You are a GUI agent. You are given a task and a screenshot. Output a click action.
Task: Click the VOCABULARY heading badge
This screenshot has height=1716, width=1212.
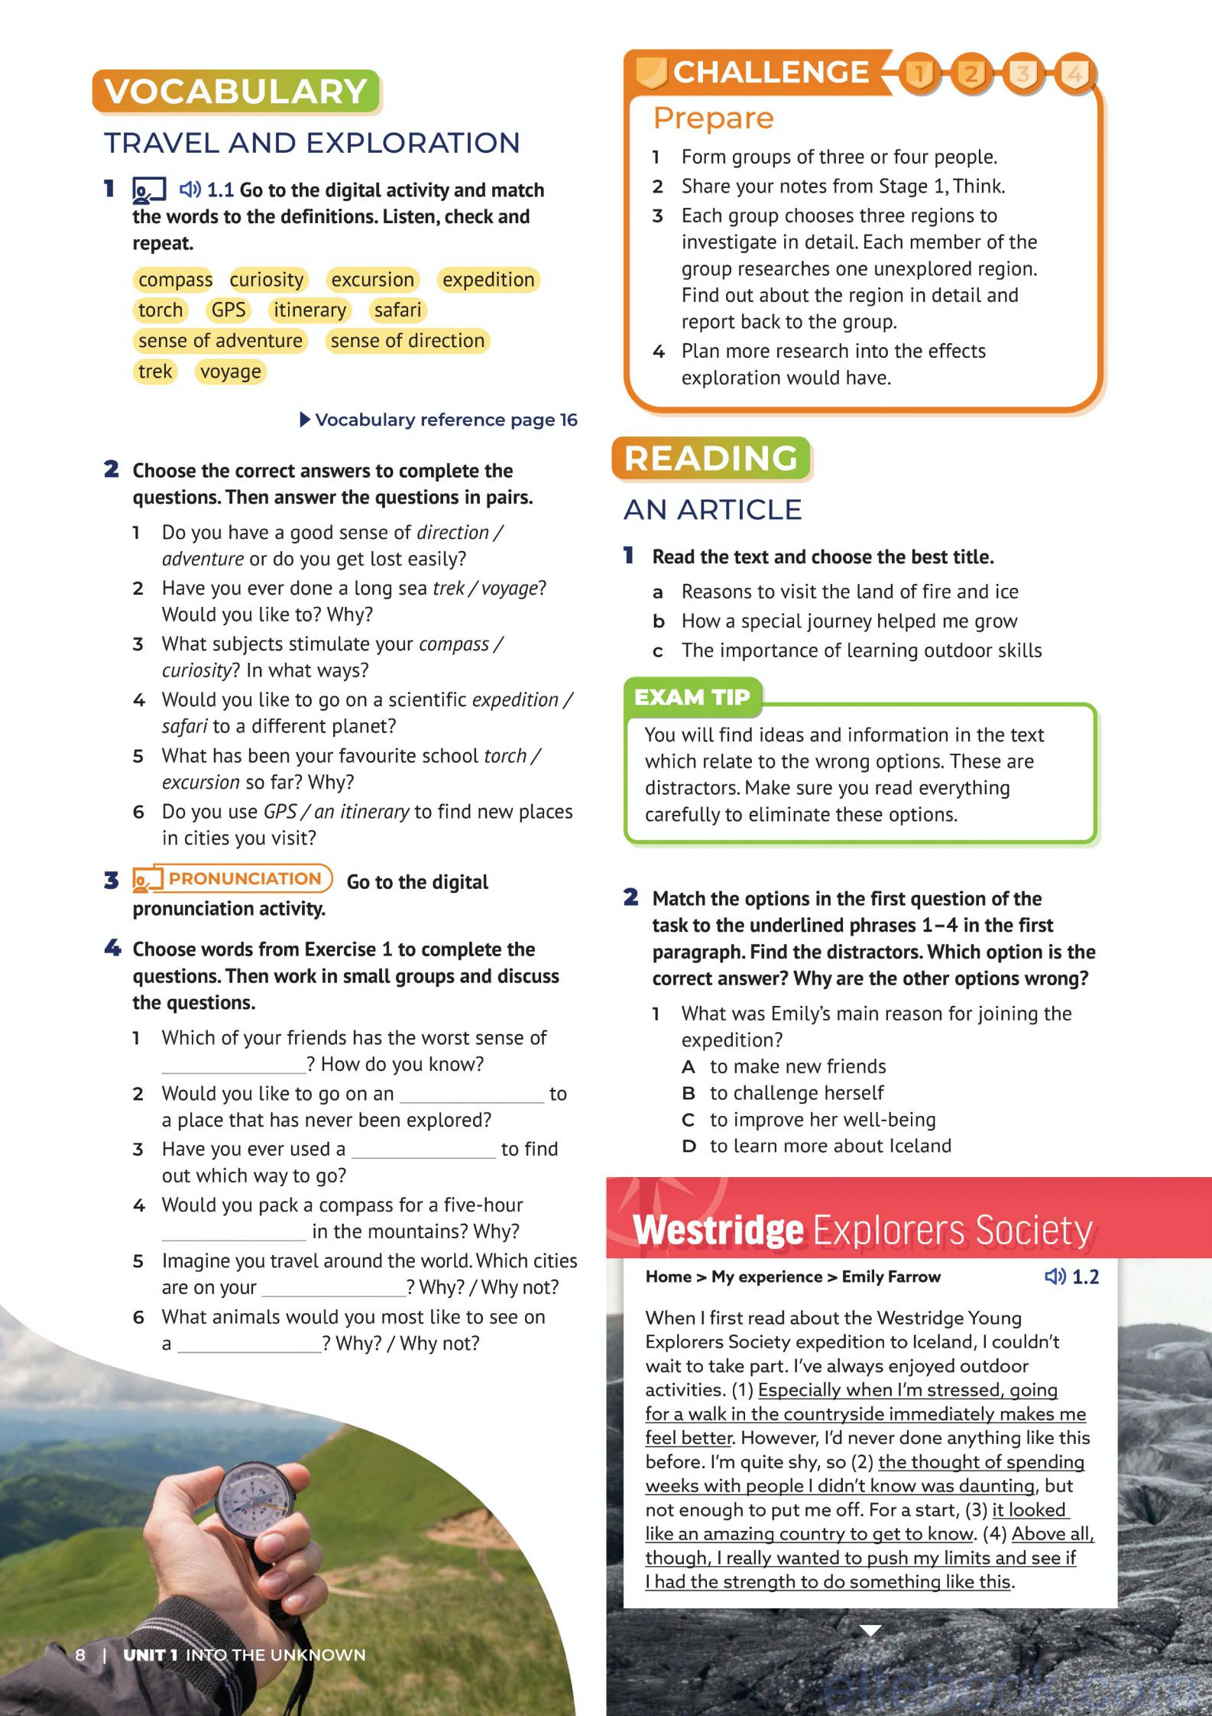[236, 92]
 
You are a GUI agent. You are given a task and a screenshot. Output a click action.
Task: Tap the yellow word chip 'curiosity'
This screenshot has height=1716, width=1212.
[267, 280]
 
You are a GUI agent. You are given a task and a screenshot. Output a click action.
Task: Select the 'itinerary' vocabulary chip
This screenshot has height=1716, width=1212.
[309, 310]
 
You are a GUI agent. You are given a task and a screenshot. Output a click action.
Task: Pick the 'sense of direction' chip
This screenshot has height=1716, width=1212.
[407, 341]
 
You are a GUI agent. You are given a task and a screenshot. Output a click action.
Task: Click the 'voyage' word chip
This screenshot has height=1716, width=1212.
[230, 371]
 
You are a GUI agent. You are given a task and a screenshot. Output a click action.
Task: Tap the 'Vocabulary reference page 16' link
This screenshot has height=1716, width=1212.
[439, 420]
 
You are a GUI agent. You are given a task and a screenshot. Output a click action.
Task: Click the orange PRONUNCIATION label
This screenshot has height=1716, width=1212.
[244, 878]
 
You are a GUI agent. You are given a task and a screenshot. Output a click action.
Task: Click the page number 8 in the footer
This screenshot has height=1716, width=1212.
[80, 1655]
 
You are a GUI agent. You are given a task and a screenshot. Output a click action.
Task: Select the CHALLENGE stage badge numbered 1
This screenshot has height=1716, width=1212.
[919, 73]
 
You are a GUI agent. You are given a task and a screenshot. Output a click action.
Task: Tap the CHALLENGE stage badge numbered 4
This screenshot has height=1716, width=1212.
[1075, 73]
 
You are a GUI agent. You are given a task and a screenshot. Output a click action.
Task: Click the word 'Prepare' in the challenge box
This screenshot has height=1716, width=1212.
[713, 118]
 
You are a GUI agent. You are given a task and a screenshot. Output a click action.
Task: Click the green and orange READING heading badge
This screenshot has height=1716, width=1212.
[711, 459]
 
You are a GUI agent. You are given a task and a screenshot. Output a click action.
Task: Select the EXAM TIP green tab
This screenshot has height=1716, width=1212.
[692, 697]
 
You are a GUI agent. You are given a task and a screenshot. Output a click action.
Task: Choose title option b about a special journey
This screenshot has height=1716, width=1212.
[849, 621]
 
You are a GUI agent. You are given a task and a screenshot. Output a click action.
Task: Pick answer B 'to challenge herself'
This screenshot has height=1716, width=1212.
[796, 1093]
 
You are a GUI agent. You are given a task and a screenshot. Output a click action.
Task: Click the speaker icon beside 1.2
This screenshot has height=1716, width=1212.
[1055, 1276]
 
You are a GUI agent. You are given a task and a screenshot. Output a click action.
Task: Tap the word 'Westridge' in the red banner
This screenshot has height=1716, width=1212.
[718, 1230]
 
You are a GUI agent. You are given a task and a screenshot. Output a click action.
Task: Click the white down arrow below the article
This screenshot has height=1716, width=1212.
[870, 1630]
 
